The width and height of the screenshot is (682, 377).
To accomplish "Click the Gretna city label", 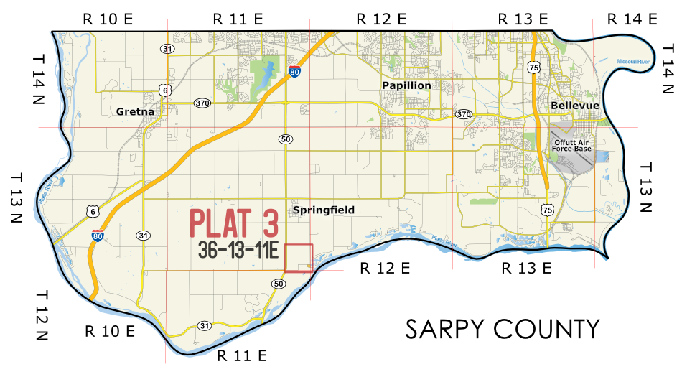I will pos(136,112).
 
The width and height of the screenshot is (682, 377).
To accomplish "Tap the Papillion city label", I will pos(406,85).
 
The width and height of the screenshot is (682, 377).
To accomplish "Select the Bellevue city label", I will pos(575,106).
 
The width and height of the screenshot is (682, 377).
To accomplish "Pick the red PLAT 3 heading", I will pos(233,224).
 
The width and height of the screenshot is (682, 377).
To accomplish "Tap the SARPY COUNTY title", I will pos(502,329).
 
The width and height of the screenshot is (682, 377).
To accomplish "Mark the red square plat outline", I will pos(299,258).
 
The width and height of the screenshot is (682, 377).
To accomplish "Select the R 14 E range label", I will pos(632,19).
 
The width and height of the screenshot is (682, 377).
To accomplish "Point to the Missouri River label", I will pos(632,62).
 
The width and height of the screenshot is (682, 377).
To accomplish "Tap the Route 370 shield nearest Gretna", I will pos(202,103).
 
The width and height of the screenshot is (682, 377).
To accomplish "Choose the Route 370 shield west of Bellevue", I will pos(464,115).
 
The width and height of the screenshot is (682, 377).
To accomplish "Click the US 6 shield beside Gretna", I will pos(165,90).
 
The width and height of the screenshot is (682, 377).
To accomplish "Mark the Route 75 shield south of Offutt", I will pos(548,210).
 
